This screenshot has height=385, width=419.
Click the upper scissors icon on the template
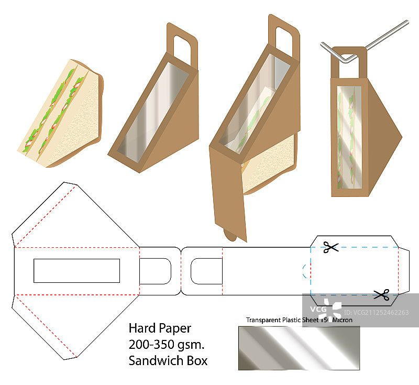pos(331,247)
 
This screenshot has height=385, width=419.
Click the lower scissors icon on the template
pos(381,294)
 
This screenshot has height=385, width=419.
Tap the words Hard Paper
pos(160,328)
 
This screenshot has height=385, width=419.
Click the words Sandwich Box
pos(168,360)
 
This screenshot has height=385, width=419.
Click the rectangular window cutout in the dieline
pos(76,270)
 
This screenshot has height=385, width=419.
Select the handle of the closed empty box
pos(181,42)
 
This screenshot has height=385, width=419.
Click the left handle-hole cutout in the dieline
pos(156,271)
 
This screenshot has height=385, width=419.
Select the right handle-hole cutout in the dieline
pos(206,271)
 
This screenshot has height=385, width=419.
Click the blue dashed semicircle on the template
pos(306,271)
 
